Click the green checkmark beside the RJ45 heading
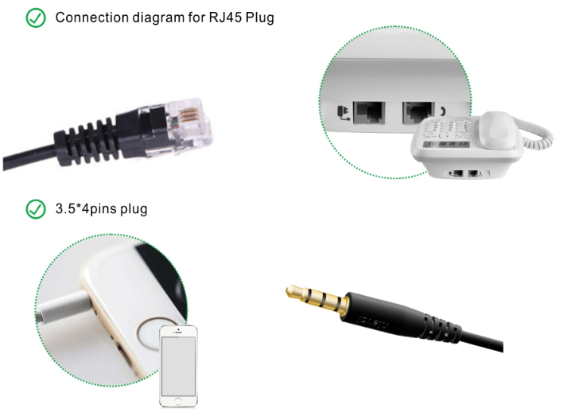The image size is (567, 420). (36, 18)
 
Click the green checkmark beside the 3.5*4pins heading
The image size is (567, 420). (36, 209)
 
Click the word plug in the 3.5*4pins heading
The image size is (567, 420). (134, 209)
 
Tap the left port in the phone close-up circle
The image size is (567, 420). (369, 112)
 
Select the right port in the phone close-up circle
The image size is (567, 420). (418, 112)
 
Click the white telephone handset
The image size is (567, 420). (499, 130)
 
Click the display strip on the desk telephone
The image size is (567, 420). (447, 144)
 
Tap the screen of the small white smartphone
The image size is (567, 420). (179, 366)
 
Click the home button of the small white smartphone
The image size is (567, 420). (178, 401)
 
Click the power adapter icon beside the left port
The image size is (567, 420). (343, 113)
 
